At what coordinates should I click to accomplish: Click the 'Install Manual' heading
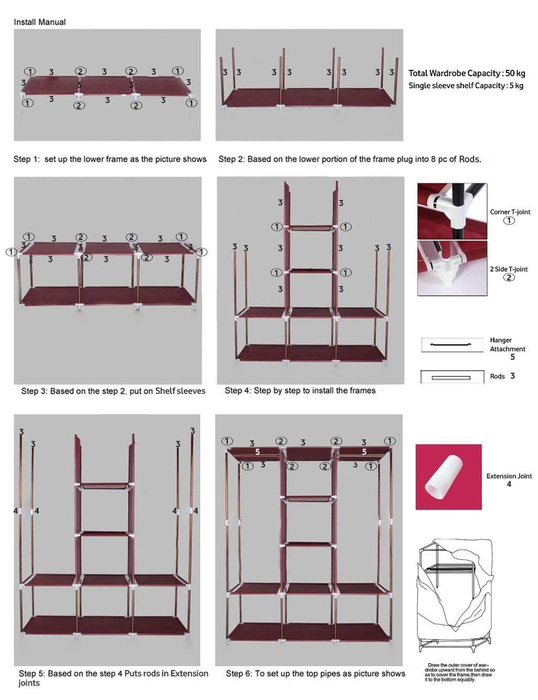click(39, 22)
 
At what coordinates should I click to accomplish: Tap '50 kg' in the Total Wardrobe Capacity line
click(515, 74)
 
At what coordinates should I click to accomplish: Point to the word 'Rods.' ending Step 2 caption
click(470, 159)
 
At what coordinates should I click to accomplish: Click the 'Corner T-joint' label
click(510, 212)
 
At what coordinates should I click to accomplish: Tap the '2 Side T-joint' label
click(509, 269)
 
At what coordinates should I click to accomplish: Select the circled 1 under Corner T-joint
click(509, 221)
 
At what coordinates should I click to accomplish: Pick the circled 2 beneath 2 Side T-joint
click(509, 277)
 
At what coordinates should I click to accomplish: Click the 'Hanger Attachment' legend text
click(507, 344)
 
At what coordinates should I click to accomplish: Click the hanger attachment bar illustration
click(451, 345)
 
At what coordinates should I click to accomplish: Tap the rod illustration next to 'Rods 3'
click(451, 377)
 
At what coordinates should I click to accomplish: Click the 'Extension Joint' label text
click(509, 476)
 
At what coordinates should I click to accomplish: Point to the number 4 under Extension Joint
click(509, 484)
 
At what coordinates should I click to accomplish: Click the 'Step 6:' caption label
click(239, 674)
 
